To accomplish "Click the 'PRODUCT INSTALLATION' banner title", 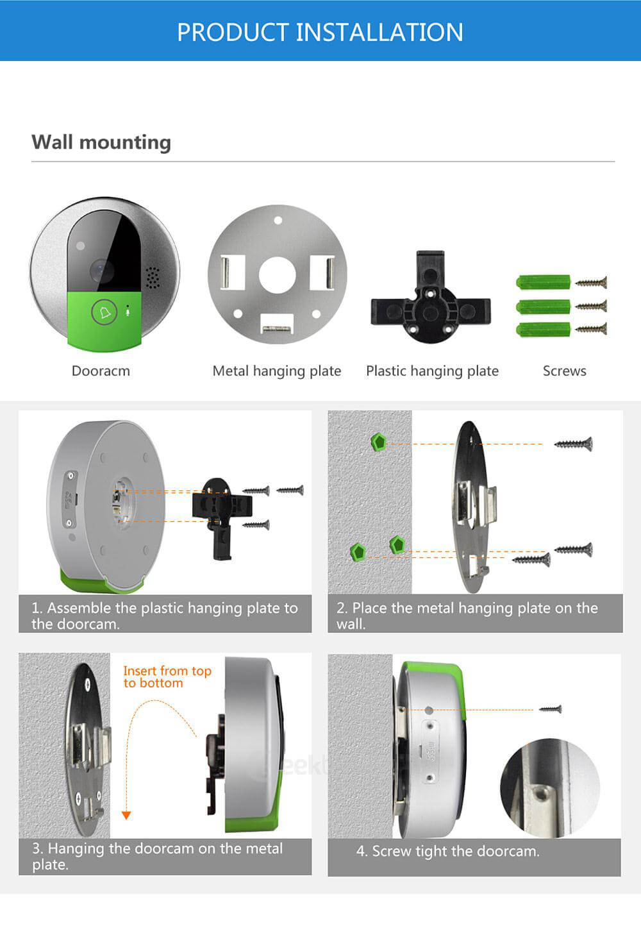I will [x=320, y=32].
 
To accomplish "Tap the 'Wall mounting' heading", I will [x=101, y=142].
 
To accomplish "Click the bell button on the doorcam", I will [x=104, y=312].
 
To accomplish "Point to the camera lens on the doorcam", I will [x=101, y=271].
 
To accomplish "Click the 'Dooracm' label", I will [x=101, y=371].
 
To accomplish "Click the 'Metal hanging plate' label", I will [x=277, y=371].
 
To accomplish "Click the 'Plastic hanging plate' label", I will [x=432, y=371].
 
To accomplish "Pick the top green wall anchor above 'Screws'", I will [x=544, y=282].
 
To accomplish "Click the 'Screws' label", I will [x=564, y=371].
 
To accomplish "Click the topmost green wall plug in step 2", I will [x=379, y=441].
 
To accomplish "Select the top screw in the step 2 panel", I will [x=573, y=443].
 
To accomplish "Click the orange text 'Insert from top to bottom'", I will [x=167, y=677].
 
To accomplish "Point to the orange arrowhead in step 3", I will [x=126, y=815].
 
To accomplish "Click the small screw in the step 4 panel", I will [x=550, y=709].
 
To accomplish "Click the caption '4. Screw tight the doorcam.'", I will [x=448, y=851].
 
